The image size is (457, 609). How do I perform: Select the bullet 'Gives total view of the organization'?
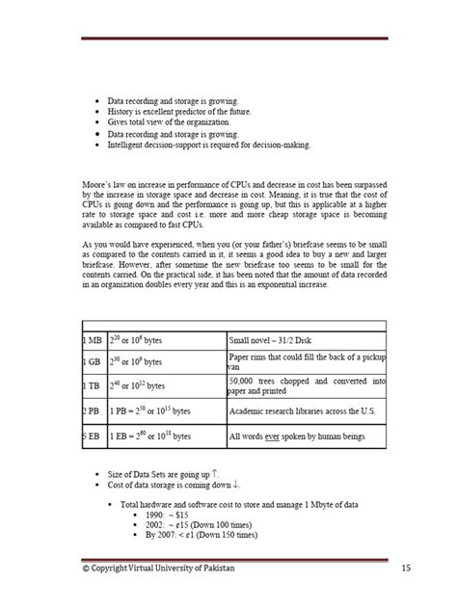pyautogui.click(x=168, y=123)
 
